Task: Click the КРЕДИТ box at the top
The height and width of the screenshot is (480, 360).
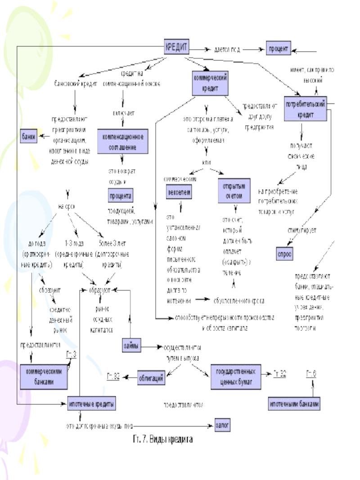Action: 176,46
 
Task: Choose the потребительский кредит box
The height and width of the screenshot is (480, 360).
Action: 306,108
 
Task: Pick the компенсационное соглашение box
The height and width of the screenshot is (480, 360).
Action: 123,140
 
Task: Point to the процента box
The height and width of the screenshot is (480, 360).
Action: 120,197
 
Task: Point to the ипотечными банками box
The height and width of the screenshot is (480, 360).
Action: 295,404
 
